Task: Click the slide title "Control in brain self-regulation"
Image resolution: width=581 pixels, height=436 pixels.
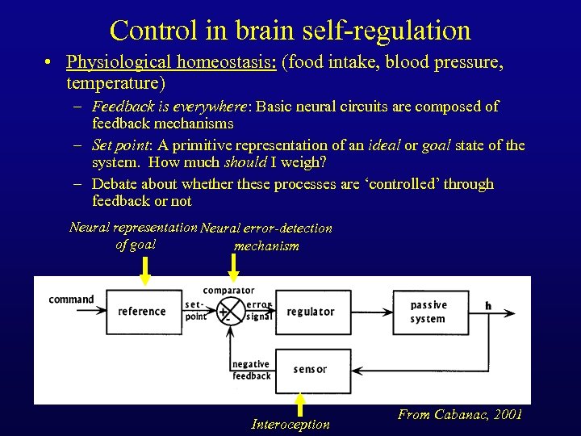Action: [290, 30]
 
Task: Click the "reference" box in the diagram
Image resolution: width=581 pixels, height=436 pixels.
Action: [142, 312]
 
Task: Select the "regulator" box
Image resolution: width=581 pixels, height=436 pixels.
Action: [310, 312]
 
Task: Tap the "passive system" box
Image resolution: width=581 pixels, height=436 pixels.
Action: [429, 312]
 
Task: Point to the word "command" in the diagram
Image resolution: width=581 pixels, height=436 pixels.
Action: [71, 300]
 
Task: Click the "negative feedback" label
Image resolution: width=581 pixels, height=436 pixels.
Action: [251, 371]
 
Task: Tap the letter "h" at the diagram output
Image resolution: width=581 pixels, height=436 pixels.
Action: [488, 306]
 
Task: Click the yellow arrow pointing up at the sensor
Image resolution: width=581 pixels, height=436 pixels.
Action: [299, 403]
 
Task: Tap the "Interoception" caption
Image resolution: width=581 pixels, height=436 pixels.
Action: [290, 424]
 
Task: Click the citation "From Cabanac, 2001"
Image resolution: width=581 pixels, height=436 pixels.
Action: [460, 415]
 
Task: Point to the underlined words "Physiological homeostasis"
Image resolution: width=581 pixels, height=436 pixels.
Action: [171, 62]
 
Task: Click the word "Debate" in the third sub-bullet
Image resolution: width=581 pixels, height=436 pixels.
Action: [115, 184]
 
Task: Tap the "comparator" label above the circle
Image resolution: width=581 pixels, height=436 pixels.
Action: [228, 290]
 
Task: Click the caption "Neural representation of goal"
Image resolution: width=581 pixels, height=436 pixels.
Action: [134, 236]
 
